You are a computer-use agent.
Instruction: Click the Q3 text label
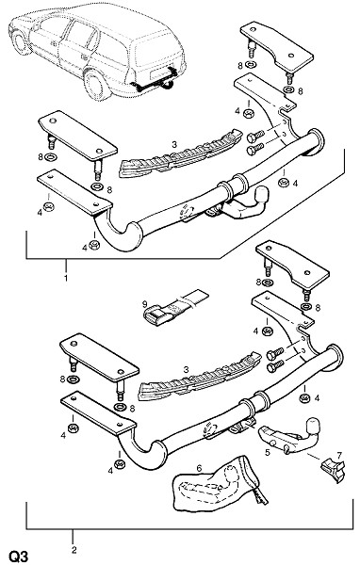tap(19, 556)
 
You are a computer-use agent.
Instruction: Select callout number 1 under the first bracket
tap(66, 278)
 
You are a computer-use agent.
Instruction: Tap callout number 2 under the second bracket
tap(74, 550)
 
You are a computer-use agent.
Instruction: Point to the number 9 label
tap(144, 303)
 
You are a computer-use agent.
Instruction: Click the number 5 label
tap(268, 452)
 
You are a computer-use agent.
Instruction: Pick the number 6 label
tap(199, 468)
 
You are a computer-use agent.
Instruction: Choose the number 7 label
tap(339, 456)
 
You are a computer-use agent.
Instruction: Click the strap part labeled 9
tap(175, 307)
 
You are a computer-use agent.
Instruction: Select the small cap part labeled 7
tap(333, 471)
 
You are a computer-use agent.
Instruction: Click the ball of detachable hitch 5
tap(312, 427)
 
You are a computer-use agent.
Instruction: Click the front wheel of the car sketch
tap(20, 42)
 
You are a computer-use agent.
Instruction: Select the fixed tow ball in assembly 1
tap(261, 195)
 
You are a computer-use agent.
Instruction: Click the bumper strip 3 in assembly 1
tap(180, 155)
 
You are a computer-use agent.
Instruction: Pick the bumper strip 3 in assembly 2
tap(200, 378)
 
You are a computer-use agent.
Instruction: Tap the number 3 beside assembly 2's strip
tap(186, 370)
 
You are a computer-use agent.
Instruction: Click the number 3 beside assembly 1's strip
tap(174, 144)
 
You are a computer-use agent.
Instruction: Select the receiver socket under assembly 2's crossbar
tap(242, 426)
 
